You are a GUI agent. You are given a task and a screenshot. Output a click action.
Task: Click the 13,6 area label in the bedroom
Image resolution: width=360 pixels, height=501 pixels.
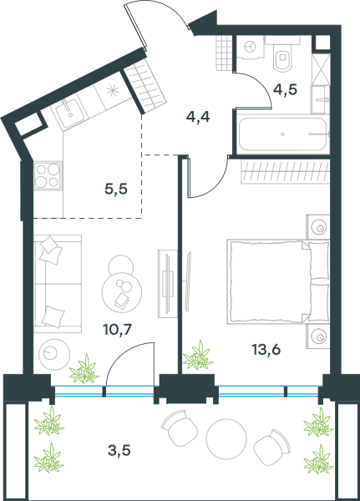pyautogui.click(x=266, y=350)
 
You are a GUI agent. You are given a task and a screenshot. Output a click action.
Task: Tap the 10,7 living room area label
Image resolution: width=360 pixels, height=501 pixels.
pyautogui.click(x=117, y=329)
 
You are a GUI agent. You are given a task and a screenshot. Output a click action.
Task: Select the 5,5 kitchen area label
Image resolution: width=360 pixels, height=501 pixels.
pyautogui.click(x=116, y=190)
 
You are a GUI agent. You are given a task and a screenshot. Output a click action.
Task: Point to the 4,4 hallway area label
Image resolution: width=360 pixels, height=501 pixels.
pyautogui.click(x=198, y=117)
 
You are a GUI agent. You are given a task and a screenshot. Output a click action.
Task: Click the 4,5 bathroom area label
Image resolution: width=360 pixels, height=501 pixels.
pyautogui.click(x=285, y=89)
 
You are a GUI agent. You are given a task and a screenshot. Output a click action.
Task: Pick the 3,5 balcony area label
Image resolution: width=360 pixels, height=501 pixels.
pyautogui.click(x=119, y=451)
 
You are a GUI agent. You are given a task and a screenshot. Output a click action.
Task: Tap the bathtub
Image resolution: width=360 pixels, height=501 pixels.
pyautogui.click(x=284, y=134)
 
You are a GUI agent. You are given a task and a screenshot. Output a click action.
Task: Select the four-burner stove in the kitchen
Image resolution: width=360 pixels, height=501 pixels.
pyautogui.click(x=48, y=175)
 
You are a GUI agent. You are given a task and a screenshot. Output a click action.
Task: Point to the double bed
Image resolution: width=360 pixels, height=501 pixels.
pyautogui.click(x=278, y=281)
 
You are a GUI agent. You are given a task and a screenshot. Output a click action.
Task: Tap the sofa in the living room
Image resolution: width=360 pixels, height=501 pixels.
pyautogui.click(x=58, y=283)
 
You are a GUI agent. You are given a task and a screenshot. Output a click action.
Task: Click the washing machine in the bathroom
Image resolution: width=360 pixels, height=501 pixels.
pyautogui.click(x=251, y=48)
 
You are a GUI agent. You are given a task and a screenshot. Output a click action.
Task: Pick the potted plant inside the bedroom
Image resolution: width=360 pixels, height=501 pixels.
pyautogui.click(x=198, y=356)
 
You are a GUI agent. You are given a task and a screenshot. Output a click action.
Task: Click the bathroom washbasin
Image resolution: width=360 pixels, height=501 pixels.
pyautogui.click(x=321, y=99)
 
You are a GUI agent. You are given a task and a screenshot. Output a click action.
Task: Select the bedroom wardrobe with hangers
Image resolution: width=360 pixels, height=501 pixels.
pyautogui.click(x=285, y=172)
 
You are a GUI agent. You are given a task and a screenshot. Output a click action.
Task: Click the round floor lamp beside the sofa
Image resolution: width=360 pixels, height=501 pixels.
pyautogui.click(x=54, y=354)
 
